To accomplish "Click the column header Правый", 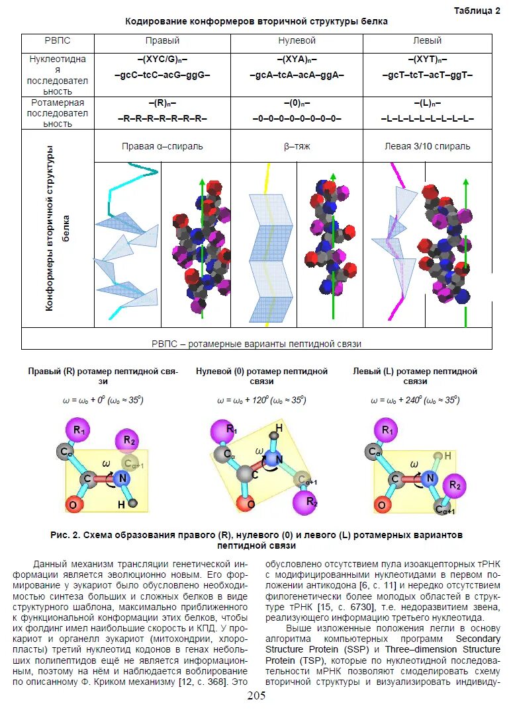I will [162, 41].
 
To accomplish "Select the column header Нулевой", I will [297, 41].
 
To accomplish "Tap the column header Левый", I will [427, 41].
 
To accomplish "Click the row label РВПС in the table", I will [58, 41].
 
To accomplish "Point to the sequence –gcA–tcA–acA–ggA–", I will [297, 75].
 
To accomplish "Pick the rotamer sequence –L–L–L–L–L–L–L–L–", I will [427, 118].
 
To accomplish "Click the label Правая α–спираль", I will [162, 145].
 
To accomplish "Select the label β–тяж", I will [297, 145].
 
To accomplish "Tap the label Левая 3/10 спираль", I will [427, 145].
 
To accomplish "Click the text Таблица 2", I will [477, 10].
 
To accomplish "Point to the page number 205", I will [256, 696].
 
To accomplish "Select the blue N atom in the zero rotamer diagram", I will [279, 459].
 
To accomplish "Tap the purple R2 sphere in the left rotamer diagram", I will [454, 485].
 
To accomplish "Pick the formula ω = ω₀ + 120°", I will [261, 400].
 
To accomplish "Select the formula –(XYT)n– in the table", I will [427, 59].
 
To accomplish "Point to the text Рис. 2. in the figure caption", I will [65, 534].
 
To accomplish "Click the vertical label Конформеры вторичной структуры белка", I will [58, 228].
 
